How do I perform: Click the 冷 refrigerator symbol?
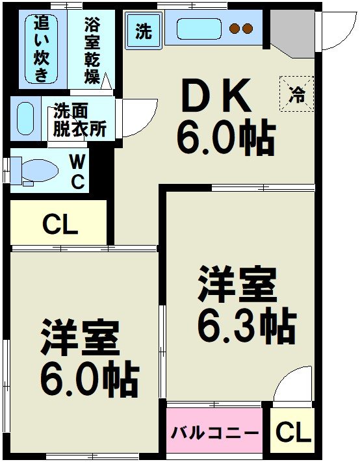tap(296, 94)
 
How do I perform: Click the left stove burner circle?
tap(235, 29)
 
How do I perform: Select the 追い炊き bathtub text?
tap(42, 49)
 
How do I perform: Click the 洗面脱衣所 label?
tap(79, 120)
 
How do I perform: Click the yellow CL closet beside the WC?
tap(59, 225)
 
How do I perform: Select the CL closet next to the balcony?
tap(292, 431)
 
